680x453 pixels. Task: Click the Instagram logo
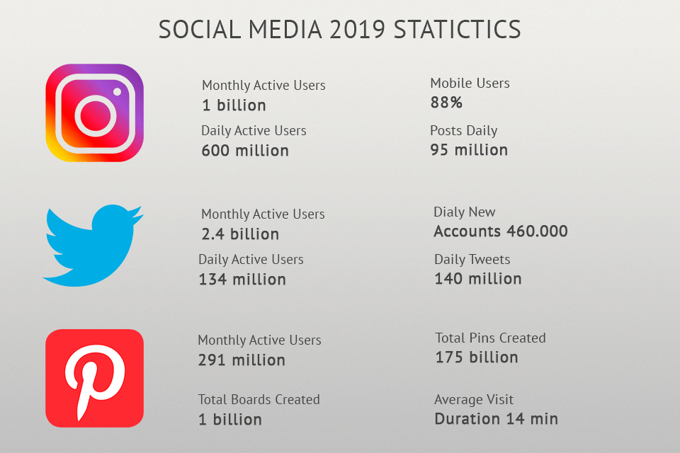coord(95,113)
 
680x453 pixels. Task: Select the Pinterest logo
coord(94,378)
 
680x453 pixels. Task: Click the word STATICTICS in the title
coord(457,30)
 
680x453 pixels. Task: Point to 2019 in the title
coord(353,30)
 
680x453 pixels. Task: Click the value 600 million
coord(245,151)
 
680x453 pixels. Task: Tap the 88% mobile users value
coord(446,103)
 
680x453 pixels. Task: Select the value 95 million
coord(469,150)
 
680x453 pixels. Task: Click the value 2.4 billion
coord(240,234)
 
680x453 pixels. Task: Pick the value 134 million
coord(242,280)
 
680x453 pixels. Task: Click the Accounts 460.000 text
coord(501,231)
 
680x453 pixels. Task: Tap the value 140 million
coord(478,279)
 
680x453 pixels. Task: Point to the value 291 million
coord(242,360)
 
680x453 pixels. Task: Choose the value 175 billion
coord(477,357)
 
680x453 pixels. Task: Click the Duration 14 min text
coord(496,419)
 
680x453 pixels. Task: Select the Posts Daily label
coord(464,131)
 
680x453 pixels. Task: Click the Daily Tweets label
coord(472,260)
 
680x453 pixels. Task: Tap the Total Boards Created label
coord(259,400)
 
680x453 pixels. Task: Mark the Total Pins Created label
coord(491,338)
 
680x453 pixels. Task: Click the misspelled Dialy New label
coord(465,212)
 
